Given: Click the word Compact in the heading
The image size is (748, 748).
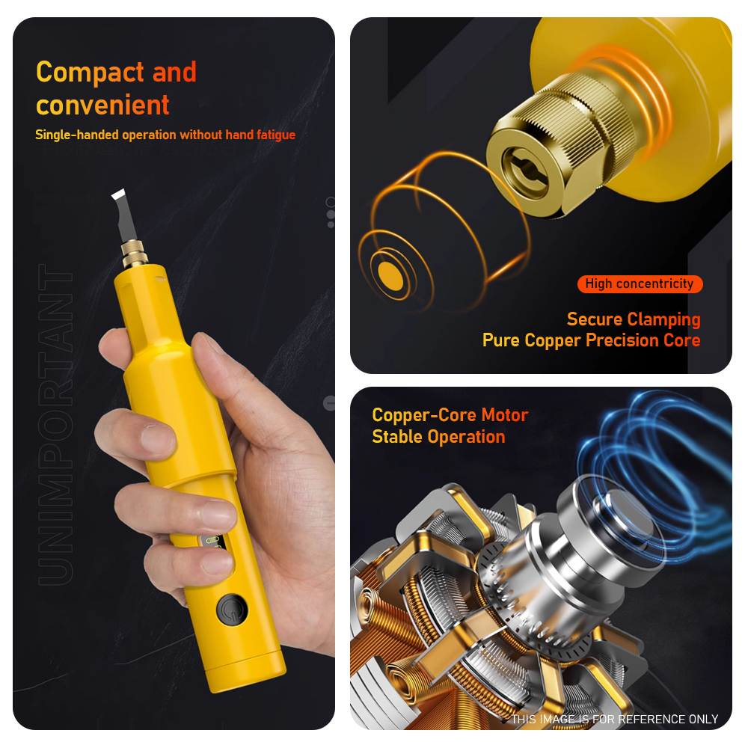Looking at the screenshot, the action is pos(91,73).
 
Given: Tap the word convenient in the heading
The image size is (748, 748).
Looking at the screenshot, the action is pos(102,105).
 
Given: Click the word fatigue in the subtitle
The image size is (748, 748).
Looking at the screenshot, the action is pos(276,135).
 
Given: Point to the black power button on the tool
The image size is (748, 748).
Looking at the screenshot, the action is pos(232,609).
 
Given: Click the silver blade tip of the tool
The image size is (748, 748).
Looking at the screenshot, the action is pos(125,215).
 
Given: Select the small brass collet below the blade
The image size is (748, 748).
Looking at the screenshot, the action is pos(134,253).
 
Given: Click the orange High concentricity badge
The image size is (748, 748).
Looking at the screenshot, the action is pos(640,283).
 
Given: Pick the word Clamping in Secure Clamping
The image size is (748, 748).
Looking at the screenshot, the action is pos(663,319).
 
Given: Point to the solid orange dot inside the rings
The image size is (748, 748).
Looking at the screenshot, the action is pos(390,276).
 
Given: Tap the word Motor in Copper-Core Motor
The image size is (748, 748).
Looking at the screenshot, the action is pos(505,415).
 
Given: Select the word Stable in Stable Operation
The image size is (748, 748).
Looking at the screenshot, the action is pos(397,437).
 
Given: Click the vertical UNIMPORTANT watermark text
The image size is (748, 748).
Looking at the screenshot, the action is pos(55,425).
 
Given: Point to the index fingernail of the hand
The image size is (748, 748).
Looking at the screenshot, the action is pos(158,438).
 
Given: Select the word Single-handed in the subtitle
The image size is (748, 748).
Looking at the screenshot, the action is pos(77,135).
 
